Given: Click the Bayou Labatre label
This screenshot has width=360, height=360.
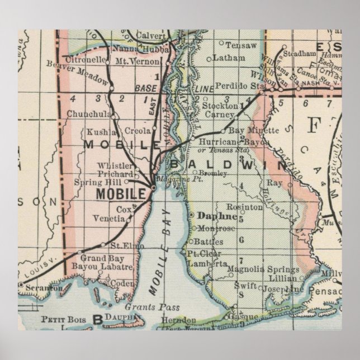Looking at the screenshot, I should click(106, 267).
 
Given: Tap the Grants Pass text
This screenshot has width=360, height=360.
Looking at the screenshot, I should click(144, 307).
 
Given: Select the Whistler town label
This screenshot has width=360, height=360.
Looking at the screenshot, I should click(115, 165).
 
